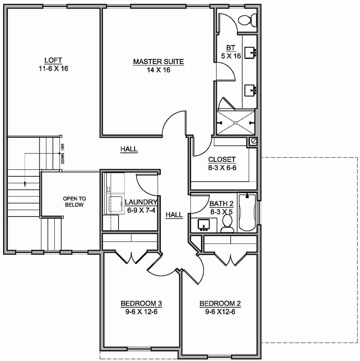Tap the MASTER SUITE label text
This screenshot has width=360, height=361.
(158, 62)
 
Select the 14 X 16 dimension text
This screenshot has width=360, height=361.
(158, 70)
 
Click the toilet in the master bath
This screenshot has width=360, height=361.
(247, 20)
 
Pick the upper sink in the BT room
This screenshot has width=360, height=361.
(250, 53)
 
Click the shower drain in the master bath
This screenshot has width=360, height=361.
(236, 123)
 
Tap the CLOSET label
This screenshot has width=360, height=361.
(222, 160)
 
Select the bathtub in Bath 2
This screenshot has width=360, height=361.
(247, 213)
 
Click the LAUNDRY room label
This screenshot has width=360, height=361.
(141, 202)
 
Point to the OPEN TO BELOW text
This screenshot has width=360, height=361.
(74, 202)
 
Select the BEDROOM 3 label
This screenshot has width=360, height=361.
(141, 303)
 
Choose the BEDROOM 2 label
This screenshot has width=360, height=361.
(220, 303)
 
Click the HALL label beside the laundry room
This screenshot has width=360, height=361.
(174, 214)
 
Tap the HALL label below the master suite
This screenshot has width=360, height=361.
(129, 149)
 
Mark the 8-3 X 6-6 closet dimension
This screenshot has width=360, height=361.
(222, 168)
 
